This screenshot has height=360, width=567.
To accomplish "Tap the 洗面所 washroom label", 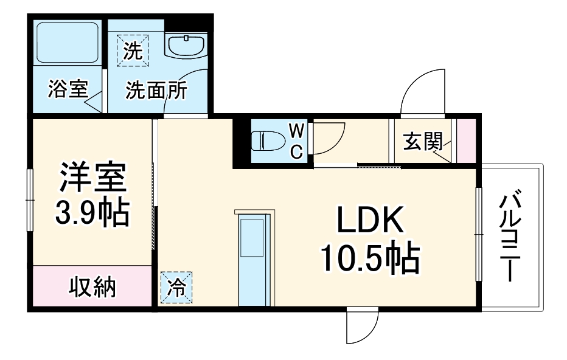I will pyautogui.click(x=156, y=91).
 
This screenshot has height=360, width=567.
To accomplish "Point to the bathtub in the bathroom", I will pyautogui.click(x=68, y=44).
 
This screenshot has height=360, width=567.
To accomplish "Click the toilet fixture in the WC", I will pyautogui.click(x=268, y=140).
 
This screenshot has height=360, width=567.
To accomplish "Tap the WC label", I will pyautogui.click(x=296, y=141).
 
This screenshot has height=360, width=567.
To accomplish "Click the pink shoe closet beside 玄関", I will pyautogui.click(x=467, y=141).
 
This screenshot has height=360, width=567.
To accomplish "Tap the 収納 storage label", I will pyautogui.click(x=91, y=287).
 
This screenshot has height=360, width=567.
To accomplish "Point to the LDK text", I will pyautogui.click(x=370, y=222).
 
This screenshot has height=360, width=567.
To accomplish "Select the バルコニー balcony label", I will pyautogui.click(x=509, y=237).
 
